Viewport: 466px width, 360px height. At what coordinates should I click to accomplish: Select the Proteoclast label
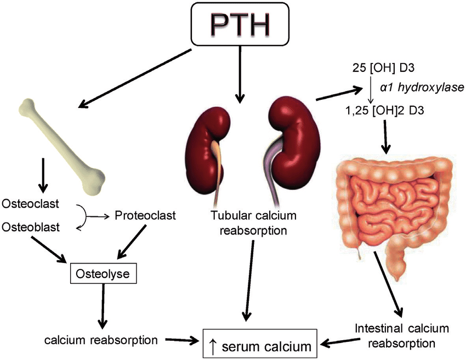click(145, 215)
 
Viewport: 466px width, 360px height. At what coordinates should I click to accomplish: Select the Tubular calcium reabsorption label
click(253, 222)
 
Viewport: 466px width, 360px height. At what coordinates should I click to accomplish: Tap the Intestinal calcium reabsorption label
click(402, 336)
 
